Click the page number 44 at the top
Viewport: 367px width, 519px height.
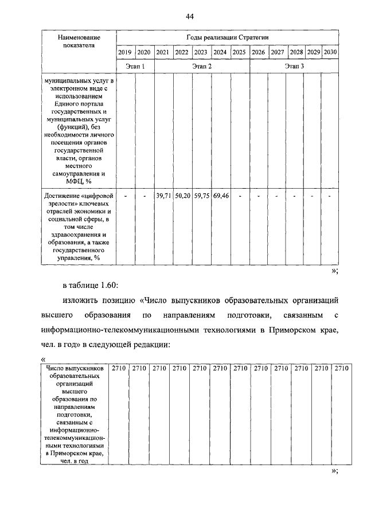(189, 16)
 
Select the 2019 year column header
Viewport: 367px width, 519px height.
(125, 52)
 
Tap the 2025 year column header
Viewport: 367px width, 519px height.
(239, 52)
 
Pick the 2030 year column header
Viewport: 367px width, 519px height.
(330, 52)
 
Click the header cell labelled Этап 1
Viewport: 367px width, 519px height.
(135, 67)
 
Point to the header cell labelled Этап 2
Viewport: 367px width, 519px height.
(202, 67)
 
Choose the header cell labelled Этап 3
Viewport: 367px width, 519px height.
(294, 67)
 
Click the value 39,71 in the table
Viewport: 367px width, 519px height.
(163, 196)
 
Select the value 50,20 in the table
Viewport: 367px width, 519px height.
(182, 196)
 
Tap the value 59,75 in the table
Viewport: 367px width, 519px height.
(201, 196)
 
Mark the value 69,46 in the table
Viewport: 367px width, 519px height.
(220, 196)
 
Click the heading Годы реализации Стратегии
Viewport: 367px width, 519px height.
(228, 37)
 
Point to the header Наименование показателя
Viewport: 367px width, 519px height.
(79, 41)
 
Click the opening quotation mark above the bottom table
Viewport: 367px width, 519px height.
(44, 359)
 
